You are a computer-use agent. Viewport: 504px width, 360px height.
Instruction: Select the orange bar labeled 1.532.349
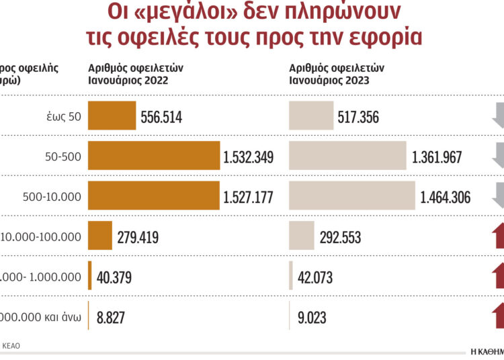pyautogui.click(x=154, y=156)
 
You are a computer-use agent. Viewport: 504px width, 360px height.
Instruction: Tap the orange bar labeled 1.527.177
pyautogui.click(x=154, y=196)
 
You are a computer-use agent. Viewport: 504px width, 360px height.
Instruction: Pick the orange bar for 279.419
pyautogui.click(x=99, y=236)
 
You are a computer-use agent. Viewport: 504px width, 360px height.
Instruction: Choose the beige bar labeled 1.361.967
pyautogui.click(x=347, y=156)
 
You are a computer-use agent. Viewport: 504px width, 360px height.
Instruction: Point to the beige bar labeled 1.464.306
pyautogui.click(x=352, y=196)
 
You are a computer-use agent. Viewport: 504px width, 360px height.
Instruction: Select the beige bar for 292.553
pyautogui.click(x=302, y=236)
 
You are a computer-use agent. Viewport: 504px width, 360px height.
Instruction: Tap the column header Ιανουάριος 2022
pyautogui.click(x=128, y=81)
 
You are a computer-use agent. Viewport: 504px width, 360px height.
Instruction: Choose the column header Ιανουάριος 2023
pyautogui.click(x=329, y=81)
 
